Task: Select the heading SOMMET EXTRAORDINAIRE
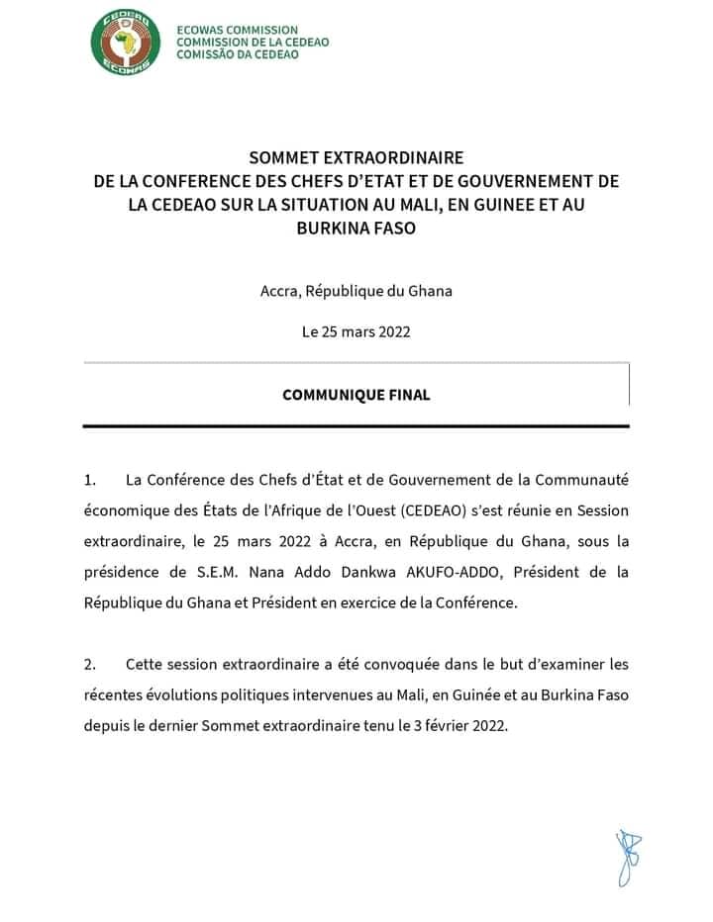(356, 158)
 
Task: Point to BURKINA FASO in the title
(356, 227)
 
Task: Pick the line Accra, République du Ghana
(356, 291)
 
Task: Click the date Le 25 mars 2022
(356, 331)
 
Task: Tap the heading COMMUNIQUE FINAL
(356, 395)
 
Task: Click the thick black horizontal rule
(356, 425)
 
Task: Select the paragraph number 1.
(90, 481)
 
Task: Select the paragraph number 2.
(90, 664)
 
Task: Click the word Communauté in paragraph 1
(576, 481)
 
